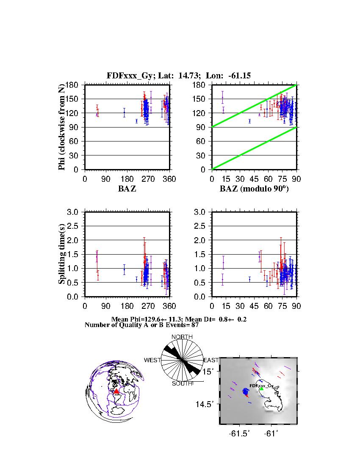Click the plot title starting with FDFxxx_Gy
(x=179, y=76)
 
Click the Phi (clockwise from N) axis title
(x=62, y=127)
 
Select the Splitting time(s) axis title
(x=62, y=254)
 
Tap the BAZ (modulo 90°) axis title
(x=254, y=189)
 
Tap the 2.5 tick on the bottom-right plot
(x=200, y=226)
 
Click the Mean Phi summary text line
(x=179, y=319)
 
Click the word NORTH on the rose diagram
(x=182, y=337)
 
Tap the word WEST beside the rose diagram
(x=152, y=360)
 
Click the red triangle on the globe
(x=116, y=391)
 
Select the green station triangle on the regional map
(x=261, y=388)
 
